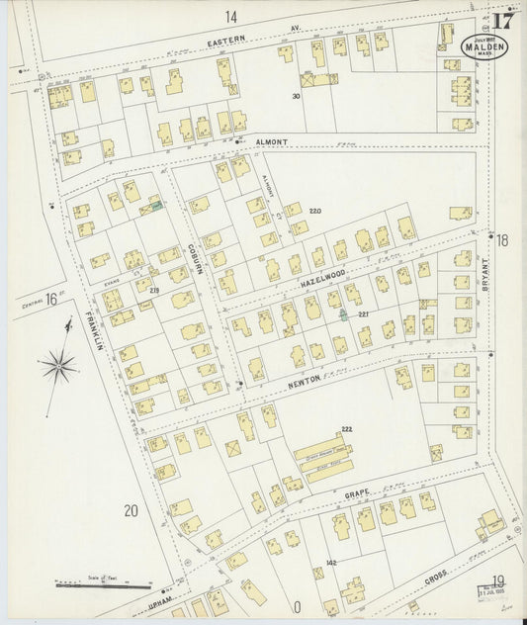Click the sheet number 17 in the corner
coord(503,20)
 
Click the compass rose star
coord(60,366)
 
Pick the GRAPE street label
coord(359,489)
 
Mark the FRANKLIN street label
coord(94,334)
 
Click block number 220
coord(315,212)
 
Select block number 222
coord(346,429)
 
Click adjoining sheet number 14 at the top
coord(231,16)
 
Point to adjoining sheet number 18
coord(501,240)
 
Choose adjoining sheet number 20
coord(130,510)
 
